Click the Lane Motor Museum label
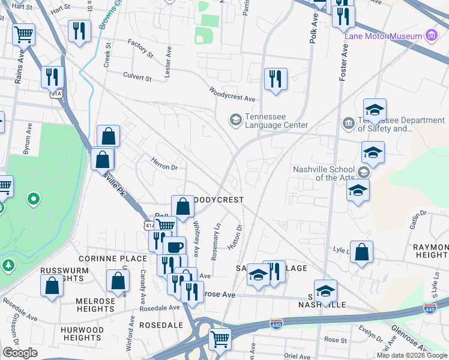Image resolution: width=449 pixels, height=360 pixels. (x=383, y=36)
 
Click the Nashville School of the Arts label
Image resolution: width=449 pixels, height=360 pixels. (x=325, y=173)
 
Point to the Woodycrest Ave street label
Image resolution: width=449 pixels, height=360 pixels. (x=232, y=94)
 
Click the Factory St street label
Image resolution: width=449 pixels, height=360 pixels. (x=140, y=50)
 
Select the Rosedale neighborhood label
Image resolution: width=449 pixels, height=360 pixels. (x=161, y=325)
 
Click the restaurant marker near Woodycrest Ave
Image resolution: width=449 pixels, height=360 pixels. (x=276, y=79)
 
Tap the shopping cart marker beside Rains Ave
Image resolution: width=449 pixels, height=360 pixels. (x=23, y=35)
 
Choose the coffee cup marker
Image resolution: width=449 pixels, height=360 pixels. (x=174, y=247)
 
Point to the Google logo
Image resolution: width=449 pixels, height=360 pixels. (x=20, y=353)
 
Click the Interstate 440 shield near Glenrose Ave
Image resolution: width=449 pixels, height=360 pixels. (x=430, y=307)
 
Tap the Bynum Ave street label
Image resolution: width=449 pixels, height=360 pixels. (x=27, y=139)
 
